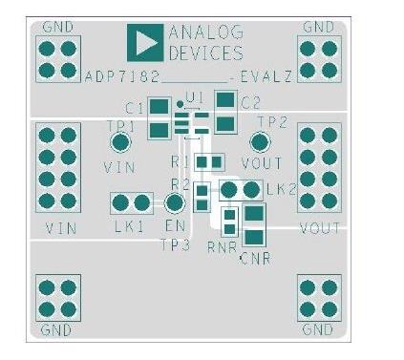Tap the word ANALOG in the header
(x=205, y=33)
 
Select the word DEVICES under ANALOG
(x=205, y=53)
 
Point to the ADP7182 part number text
(x=122, y=74)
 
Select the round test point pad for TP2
(x=259, y=143)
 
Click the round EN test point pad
(x=174, y=202)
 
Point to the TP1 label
(x=120, y=125)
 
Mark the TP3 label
(x=176, y=245)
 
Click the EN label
(x=174, y=226)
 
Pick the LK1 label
(x=129, y=226)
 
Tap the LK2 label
(x=282, y=189)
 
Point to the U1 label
(x=196, y=97)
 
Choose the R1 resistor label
(x=180, y=161)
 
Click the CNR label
(x=255, y=258)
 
